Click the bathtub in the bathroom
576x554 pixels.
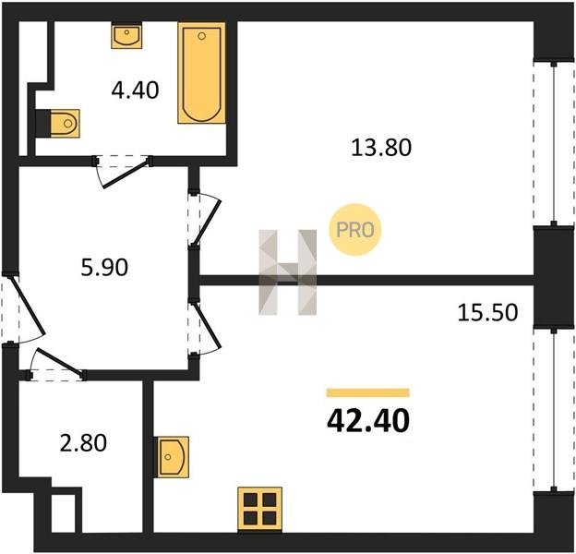pyautogui.click(x=201, y=73)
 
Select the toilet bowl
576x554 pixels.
pyautogui.click(x=65, y=124)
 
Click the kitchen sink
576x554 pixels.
pyautogui.click(x=173, y=457)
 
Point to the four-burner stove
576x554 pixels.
pyautogui.click(x=260, y=509)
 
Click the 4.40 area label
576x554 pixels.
pyautogui.click(x=135, y=90)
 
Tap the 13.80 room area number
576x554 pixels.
pyautogui.click(x=381, y=148)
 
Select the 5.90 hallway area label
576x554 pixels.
pyautogui.click(x=104, y=267)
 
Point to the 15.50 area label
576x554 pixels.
pyautogui.click(x=487, y=313)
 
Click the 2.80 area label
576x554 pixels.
pyautogui.click(x=83, y=442)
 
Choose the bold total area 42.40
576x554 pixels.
pyautogui.click(x=368, y=421)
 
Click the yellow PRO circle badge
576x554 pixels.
pyautogui.click(x=354, y=230)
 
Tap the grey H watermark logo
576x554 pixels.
pyautogui.click(x=288, y=272)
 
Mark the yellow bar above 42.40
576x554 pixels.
pyautogui.click(x=368, y=392)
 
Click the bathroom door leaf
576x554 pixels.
pyautogui.click(x=127, y=174)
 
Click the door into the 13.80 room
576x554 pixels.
pyautogui.click(x=207, y=223)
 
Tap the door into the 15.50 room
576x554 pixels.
pyautogui.click(x=207, y=326)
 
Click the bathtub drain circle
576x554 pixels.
pyautogui.click(x=201, y=36)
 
